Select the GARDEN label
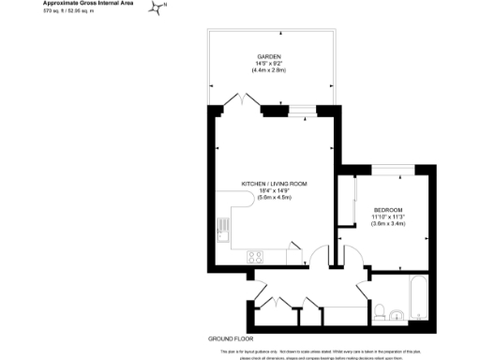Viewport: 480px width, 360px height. (270, 56)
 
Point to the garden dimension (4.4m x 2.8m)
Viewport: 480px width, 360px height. (270, 71)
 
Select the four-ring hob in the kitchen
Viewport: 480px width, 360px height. (254, 256)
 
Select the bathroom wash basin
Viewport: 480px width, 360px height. (398, 315)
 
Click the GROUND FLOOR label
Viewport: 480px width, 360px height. (232, 337)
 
